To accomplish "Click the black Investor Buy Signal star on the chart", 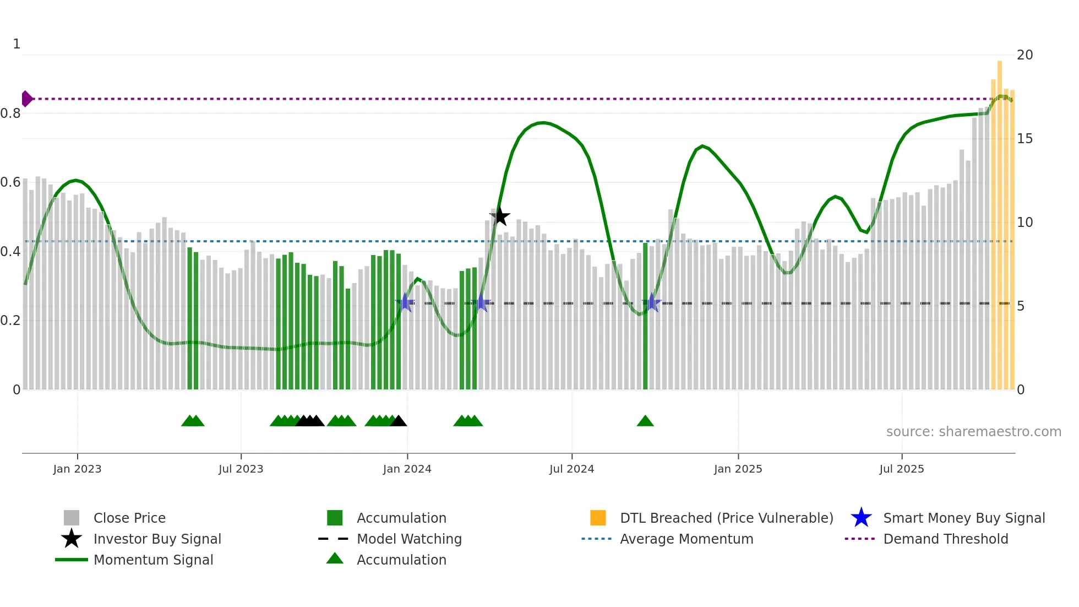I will [500, 216].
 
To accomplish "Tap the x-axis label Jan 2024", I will [407, 469].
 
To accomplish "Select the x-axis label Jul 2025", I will [901, 469].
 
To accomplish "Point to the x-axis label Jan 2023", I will [77, 469].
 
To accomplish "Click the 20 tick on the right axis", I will [1024, 55].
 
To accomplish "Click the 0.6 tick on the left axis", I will [10, 182].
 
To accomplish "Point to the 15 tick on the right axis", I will [1024, 139].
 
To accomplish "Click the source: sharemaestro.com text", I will [973, 432].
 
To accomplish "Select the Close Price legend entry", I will [129, 518].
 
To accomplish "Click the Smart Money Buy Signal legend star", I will [861, 518].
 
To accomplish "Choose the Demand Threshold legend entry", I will [945, 539].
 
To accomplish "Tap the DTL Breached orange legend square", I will [598, 518].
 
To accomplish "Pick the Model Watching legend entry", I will [408, 539].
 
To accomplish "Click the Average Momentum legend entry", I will [686, 539].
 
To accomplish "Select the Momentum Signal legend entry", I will [153, 560].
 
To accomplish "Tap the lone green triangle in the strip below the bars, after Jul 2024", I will [645, 421].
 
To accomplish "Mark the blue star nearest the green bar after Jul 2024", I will [652, 302].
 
